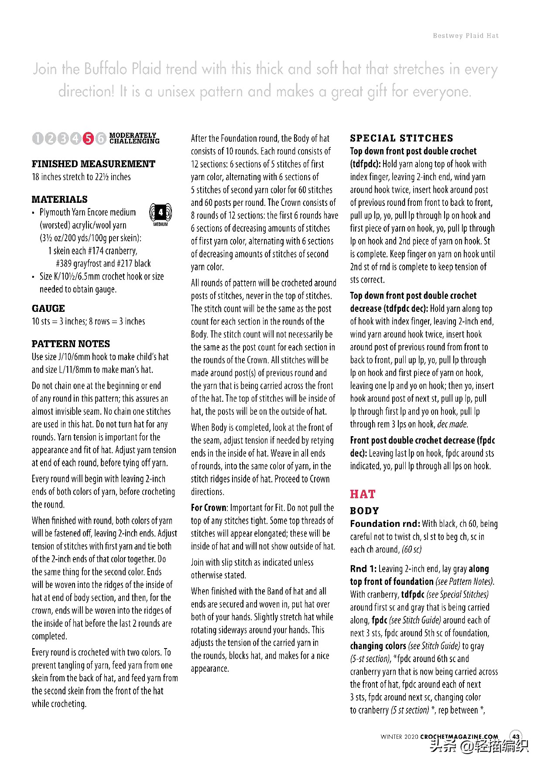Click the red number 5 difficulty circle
pyautogui.click(x=88, y=139)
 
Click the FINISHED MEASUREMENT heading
pyautogui.click(x=93, y=164)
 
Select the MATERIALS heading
pyautogui.click(x=59, y=199)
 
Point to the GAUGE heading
pyautogui.click(x=48, y=308)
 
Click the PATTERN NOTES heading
pyautogui.click(x=71, y=344)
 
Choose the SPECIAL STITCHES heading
pyautogui.click(x=401, y=138)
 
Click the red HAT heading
pyautogui.click(x=363, y=494)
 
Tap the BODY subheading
pyautogui.click(x=364, y=511)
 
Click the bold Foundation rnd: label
pyautogui.click(x=385, y=524)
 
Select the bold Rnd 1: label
pyautogui.click(x=363, y=569)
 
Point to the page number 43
pyautogui.click(x=516, y=737)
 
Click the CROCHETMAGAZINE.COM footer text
pyautogui.click(x=459, y=737)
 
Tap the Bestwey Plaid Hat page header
pyautogui.click(x=466, y=36)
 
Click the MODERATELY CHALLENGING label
pyautogui.click(x=134, y=138)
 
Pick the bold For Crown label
pyautogui.click(x=209, y=508)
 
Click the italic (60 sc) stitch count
pyautogui.click(x=411, y=550)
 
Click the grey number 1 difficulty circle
pyautogui.click(x=38, y=139)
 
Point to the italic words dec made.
pyautogui.click(x=452, y=424)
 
